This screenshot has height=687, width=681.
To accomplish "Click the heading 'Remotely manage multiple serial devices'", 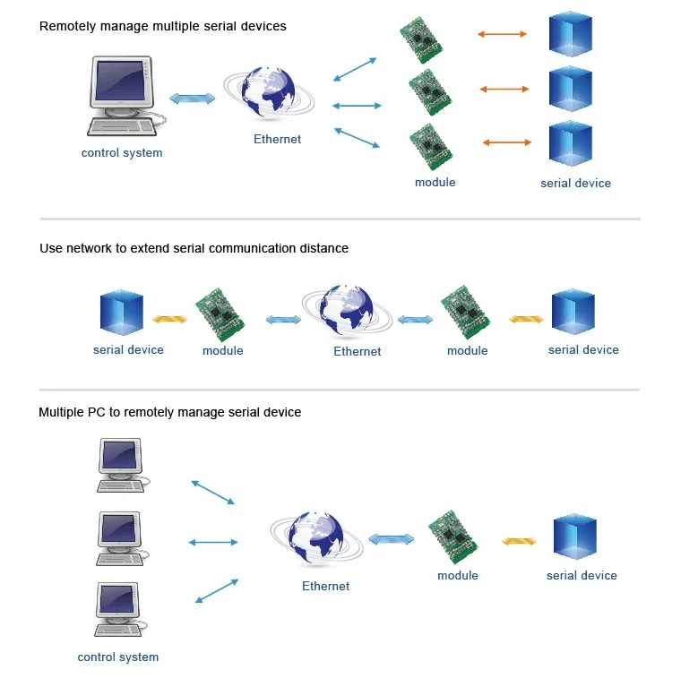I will point(162,27).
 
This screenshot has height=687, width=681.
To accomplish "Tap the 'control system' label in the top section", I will point(122,153).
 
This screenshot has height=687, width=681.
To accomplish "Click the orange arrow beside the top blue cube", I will point(502,34).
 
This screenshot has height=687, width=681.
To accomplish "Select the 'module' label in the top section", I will point(435,183).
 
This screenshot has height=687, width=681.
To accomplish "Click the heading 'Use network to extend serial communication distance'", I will point(194,248).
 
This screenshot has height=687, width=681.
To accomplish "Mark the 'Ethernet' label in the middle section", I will point(357,352).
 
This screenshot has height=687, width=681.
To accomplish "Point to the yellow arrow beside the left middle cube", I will point(168,319).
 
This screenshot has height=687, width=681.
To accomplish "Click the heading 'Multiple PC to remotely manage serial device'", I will point(169,413).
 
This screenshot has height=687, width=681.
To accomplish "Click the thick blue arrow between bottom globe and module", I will point(392,539).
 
